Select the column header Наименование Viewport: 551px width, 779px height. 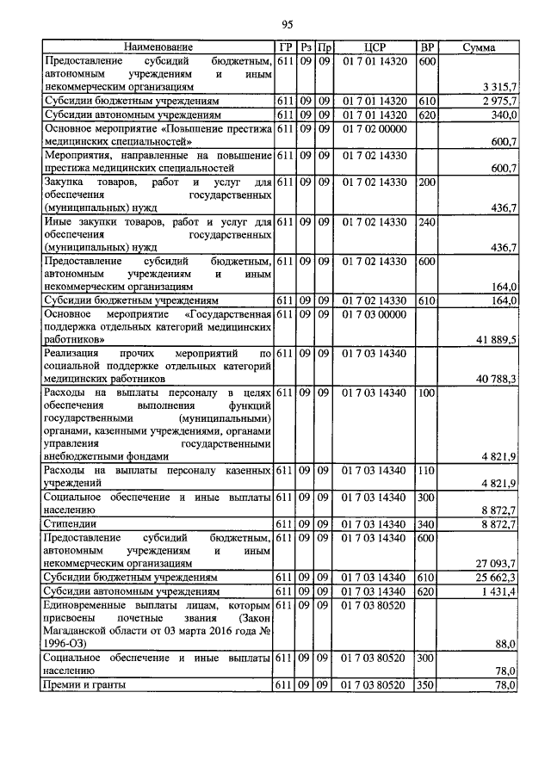click(158, 48)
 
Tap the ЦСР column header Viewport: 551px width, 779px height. click(373, 48)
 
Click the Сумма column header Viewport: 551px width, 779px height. click(479, 48)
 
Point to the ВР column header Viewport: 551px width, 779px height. click(426, 48)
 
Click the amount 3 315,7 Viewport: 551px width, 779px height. click(500, 87)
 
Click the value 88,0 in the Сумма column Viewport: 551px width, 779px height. click(505, 643)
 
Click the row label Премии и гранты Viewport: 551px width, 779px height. click(84, 684)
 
